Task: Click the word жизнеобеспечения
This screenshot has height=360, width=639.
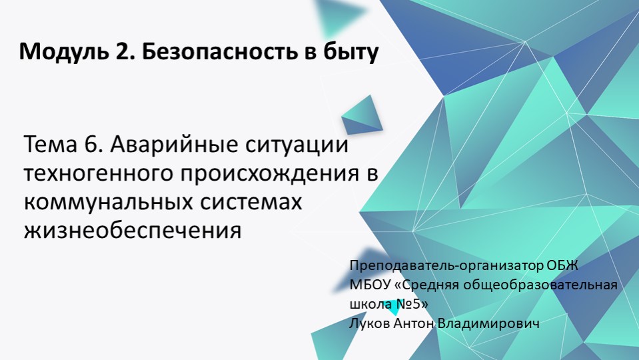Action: (132, 231)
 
